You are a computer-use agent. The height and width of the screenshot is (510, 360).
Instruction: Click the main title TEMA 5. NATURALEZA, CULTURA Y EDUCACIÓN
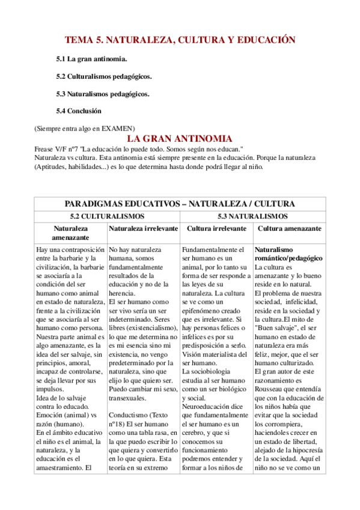pyautogui.click(x=180, y=40)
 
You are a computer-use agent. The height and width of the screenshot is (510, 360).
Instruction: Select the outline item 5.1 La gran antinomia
pyautogui.click(x=91, y=59)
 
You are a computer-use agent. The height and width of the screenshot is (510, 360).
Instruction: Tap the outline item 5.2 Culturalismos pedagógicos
pyautogui.click(x=103, y=76)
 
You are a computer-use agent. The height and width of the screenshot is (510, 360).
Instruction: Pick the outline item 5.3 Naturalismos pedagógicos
pyautogui.click(x=102, y=94)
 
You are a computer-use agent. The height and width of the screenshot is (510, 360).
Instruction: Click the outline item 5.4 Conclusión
pyautogui.click(x=79, y=111)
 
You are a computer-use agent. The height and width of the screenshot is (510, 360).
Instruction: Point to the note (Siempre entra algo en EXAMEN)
pyautogui.click(x=84, y=129)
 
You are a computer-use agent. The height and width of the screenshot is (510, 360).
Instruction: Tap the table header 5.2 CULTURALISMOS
pyautogui.click(x=107, y=216)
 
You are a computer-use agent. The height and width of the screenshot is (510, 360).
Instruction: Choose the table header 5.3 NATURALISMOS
pyautogui.click(x=252, y=216)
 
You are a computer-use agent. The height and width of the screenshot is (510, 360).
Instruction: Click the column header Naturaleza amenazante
pyautogui.click(x=70, y=233)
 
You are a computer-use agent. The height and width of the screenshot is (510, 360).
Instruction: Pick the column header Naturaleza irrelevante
pyautogui.click(x=143, y=229)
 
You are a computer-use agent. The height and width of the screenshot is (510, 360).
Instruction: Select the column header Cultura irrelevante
pyautogui.click(x=216, y=229)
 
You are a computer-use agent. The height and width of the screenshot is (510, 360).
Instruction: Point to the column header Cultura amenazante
pyautogui.click(x=289, y=229)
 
